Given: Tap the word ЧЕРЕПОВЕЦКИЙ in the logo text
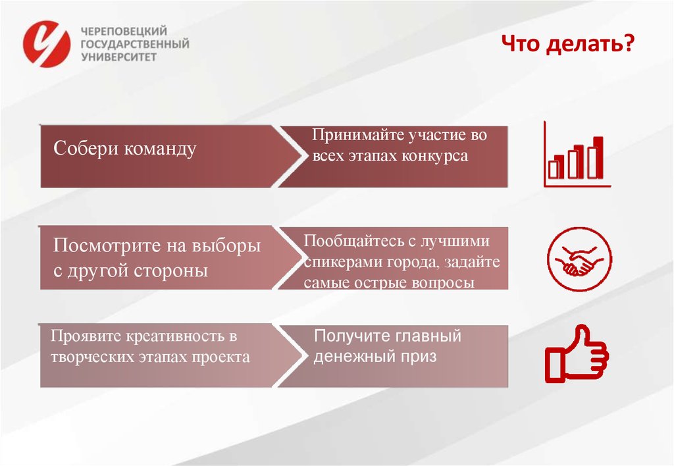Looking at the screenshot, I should pyautogui.click(x=122, y=31).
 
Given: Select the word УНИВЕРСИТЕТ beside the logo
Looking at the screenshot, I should pyautogui.click(x=118, y=57).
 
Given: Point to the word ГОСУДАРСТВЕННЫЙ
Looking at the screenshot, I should pyautogui.click(x=134, y=44).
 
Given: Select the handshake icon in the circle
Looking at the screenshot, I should pyautogui.click(x=579, y=259).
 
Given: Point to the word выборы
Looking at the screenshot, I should pyautogui.click(x=228, y=246).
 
